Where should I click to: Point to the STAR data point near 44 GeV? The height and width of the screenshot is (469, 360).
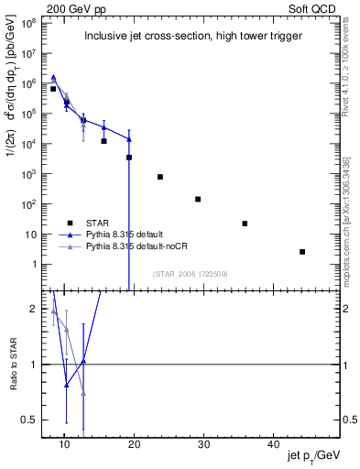tap(302, 252)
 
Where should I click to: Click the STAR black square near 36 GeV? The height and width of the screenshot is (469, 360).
tap(245, 224)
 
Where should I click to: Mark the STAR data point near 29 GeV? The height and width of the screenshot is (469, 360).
tap(198, 199)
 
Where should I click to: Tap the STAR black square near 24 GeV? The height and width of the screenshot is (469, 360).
tap(160, 177)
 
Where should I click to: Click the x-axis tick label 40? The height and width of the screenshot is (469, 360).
tap(274, 444)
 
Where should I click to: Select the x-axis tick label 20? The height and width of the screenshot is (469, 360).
tap(135, 444)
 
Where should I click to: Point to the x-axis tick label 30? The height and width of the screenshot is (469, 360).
tap(204, 444)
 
